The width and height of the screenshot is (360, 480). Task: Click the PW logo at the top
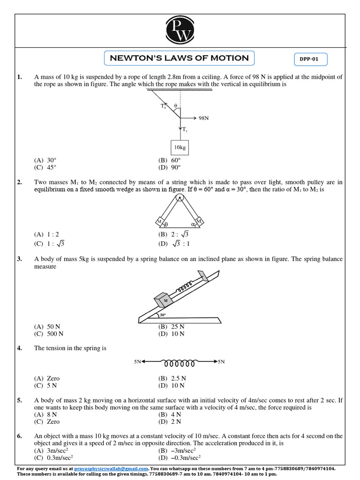pyautogui.click(x=180, y=30)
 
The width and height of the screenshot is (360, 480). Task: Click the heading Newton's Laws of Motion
pyautogui.click(x=179, y=58)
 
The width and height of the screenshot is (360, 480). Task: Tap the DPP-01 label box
pyautogui.click(x=310, y=60)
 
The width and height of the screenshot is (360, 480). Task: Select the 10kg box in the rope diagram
pyautogui.click(x=180, y=147)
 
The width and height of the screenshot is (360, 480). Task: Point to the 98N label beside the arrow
pyautogui.click(x=203, y=118)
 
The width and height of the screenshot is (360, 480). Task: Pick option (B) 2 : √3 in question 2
pyautogui.click(x=173, y=234)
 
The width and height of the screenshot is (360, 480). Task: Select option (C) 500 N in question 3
pyautogui.click(x=49, y=334)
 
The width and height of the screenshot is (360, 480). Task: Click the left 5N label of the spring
pyautogui.click(x=137, y=362)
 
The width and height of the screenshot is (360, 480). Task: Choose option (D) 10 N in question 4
pyautogui.click(x=172, y=385)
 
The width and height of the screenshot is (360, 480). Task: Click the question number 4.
pyautogui.click(x=20, y=348)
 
